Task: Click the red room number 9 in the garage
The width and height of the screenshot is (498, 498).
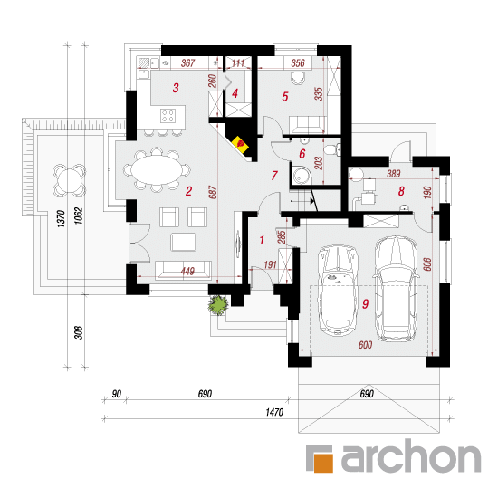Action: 365,304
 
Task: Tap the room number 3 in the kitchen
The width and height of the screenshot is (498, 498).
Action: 176,88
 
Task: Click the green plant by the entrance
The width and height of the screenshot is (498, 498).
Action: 218,305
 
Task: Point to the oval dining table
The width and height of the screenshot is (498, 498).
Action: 157,169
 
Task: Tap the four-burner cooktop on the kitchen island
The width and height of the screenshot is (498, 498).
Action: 168,115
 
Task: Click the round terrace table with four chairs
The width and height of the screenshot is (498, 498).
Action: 69,180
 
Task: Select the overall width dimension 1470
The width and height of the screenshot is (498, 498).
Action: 274,412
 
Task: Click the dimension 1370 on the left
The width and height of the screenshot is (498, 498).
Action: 61,218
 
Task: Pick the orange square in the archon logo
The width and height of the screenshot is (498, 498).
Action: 323,463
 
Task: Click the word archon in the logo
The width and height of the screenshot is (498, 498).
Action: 411,455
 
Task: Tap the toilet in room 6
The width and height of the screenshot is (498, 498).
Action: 332,149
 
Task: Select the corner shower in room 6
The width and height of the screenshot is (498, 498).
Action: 302,174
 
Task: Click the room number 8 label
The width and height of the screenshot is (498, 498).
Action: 401,191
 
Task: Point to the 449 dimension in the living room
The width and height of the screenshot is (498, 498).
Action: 187,272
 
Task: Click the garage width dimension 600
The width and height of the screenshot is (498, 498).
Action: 365,345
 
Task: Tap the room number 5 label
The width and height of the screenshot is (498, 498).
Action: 285,97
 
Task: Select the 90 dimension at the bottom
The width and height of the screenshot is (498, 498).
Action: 117,394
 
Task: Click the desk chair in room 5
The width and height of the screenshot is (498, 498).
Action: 298,78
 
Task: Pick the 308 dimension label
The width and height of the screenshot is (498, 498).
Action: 79,332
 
